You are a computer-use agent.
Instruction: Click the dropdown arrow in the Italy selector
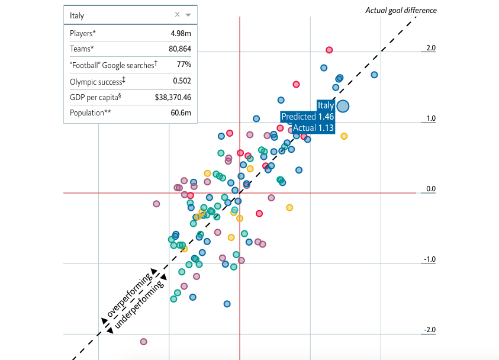pos(188,15)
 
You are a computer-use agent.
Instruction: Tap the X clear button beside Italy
pos(177,15)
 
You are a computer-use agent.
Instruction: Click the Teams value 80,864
pos(180,49)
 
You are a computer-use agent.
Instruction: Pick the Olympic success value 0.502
pos(182,81)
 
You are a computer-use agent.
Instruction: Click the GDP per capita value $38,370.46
pos(173,97)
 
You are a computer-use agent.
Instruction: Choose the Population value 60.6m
pos(181,112)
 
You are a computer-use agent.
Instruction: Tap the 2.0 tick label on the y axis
pos(430,48)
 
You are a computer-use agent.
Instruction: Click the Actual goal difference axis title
pos(401,10)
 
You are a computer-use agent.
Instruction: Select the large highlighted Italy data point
pos(343,106)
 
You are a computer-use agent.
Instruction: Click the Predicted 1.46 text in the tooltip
pos(307,117)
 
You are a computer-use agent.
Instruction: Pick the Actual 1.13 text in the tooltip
pos(314,127)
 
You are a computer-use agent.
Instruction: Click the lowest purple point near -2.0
pos(143,342)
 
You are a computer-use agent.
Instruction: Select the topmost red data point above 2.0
pos(329,50)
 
